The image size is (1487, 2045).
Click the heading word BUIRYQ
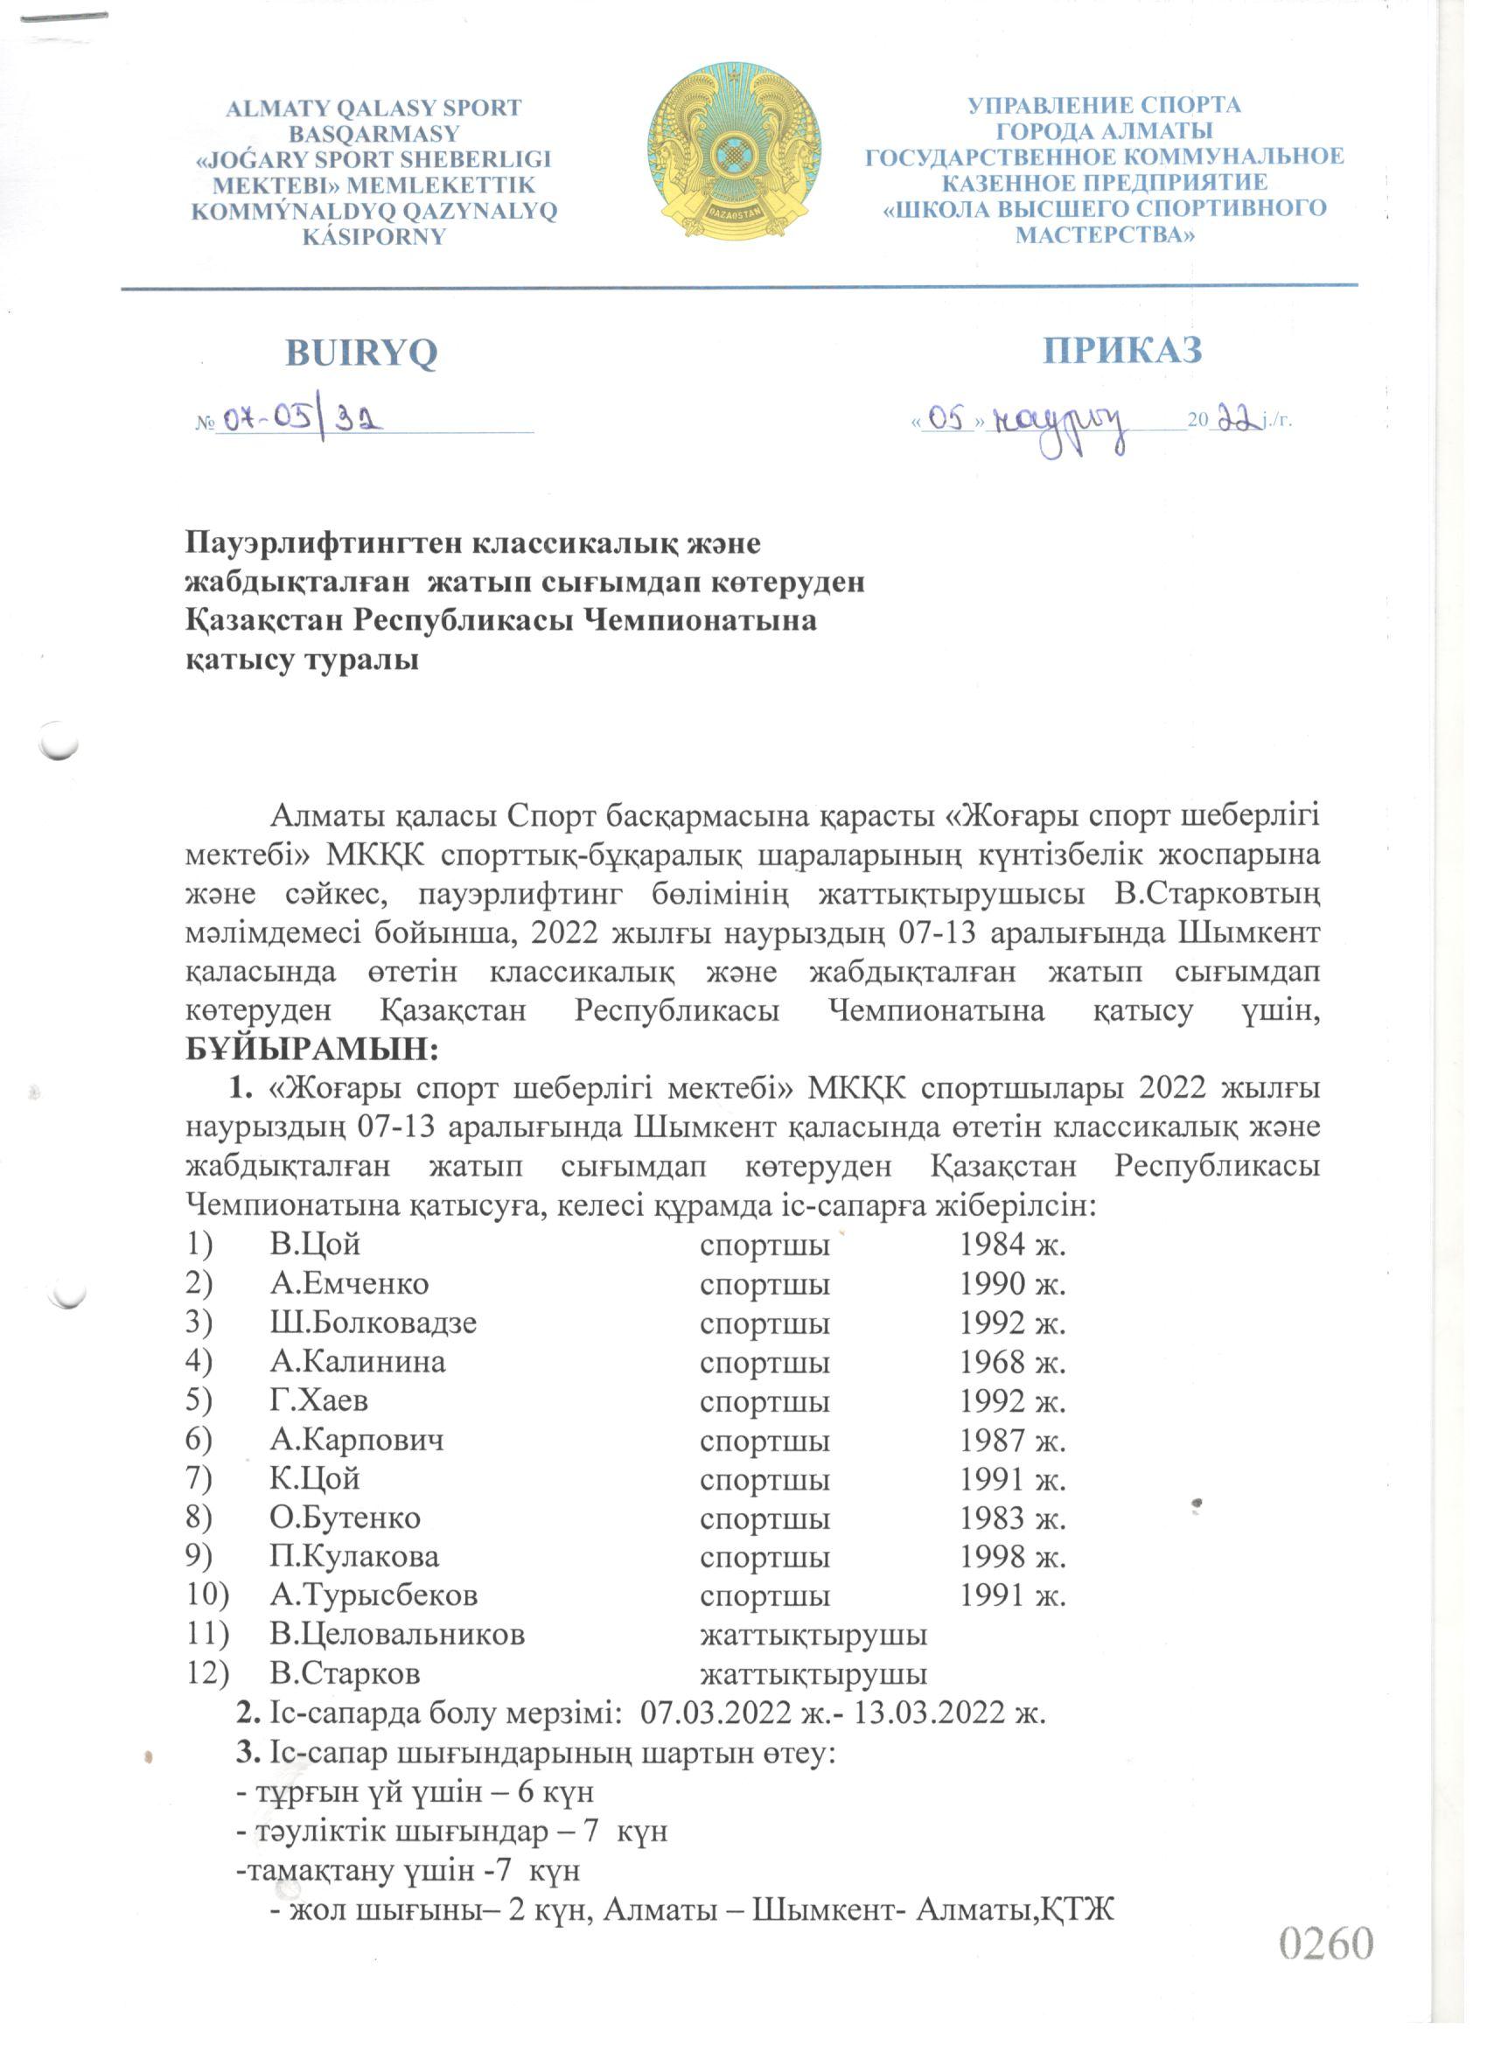[360, 352]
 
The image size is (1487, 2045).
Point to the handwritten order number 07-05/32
[301, 418]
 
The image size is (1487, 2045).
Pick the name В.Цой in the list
[315, 1246]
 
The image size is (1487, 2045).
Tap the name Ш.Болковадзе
[373, 1323]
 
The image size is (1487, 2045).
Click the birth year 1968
[993, 1362]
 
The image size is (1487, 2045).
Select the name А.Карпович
[356, 1440]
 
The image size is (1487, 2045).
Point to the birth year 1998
[993, 1556]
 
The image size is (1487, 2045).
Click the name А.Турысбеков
[373, 1595]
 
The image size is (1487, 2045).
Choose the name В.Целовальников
[397, 1634]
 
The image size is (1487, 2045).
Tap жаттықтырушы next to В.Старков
[813, 1673]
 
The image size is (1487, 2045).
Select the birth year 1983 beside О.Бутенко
[993, 1518]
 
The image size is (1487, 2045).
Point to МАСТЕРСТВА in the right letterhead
[1104, 235]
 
